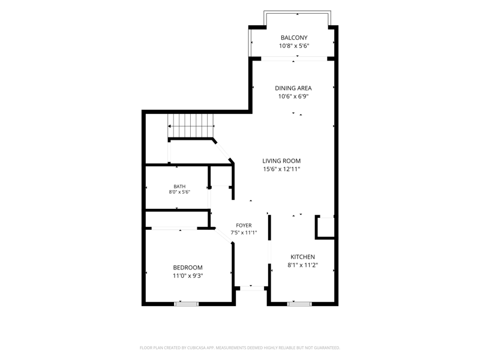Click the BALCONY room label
(294, 38)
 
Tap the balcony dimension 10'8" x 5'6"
(294, 46)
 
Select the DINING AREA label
(293, 88)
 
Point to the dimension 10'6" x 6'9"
(293, 97)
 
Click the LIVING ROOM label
(281, 161)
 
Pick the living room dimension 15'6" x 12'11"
(281, 169)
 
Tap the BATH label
(179, 187)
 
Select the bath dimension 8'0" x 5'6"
(179, 192)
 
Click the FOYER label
(244, 226)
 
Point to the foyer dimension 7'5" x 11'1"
(244, 233)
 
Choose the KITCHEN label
(302, 257)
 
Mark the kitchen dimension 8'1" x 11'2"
(302, 265)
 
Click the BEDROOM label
(188, 268)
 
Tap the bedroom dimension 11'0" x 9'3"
(188, 276)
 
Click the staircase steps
(190, 126)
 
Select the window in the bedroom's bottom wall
(186, 304)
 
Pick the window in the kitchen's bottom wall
(299, 304)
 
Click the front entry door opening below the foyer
(252, 288)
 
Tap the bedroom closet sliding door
(174, 229)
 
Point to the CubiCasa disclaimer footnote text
(239, 348)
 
